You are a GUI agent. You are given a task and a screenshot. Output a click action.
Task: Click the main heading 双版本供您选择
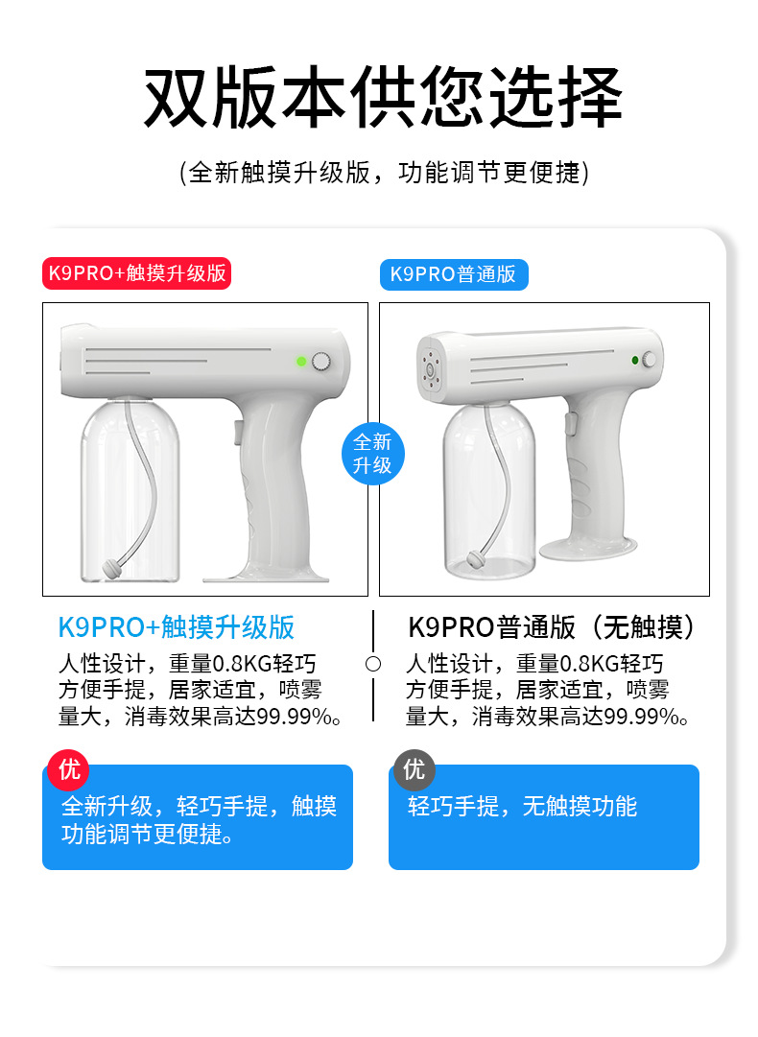point(383,97)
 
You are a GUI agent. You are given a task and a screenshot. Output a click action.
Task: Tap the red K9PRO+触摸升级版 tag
point(137,273)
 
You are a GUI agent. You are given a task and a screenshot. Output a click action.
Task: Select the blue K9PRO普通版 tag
point(454,274)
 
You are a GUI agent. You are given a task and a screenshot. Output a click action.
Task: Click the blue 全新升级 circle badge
point(372,454)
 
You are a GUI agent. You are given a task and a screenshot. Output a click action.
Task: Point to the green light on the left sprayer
point(301,361)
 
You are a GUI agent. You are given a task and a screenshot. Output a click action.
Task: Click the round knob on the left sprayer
point(321,361)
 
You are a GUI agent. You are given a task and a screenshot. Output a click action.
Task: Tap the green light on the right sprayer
point(635,360)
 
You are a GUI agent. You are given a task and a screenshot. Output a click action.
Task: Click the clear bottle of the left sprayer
point(130,490)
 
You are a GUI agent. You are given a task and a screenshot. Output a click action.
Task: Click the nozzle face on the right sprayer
point(430,367)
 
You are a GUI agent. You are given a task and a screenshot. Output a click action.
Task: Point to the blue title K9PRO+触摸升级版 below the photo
point(176,627)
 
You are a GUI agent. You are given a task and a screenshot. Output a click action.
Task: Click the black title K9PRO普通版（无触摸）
point(552,627)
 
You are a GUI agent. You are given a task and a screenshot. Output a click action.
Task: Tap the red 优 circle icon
point(68,769)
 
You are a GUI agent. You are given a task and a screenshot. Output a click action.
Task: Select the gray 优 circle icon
point(415,769)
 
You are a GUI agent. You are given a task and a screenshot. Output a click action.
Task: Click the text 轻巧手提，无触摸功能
point(522,806)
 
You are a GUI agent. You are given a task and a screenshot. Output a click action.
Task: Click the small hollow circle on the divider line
point(373,664)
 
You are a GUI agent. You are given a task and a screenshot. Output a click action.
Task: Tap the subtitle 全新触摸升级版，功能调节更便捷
point(384,173)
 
